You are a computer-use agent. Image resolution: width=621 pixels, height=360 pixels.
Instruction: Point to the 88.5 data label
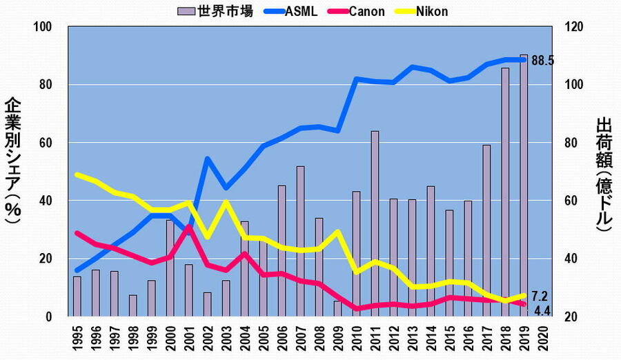click(x=543, y=61)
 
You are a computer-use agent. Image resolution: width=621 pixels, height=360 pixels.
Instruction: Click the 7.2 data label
click(x=540, y=295)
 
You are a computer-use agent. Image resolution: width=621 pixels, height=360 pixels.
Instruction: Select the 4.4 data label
click(x=540, y=310)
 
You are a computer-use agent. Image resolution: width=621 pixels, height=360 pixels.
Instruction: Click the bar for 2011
click(x=375, y=223)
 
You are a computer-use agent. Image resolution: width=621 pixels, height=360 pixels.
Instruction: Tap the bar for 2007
click(x=300, y=241)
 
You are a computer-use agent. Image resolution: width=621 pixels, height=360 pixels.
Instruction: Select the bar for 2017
click(x=486, y=230)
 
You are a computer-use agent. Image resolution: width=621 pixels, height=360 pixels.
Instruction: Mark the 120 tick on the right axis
click(x=575, y=27)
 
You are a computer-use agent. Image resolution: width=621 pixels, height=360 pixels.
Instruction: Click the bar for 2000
click(x=170, y=268)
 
